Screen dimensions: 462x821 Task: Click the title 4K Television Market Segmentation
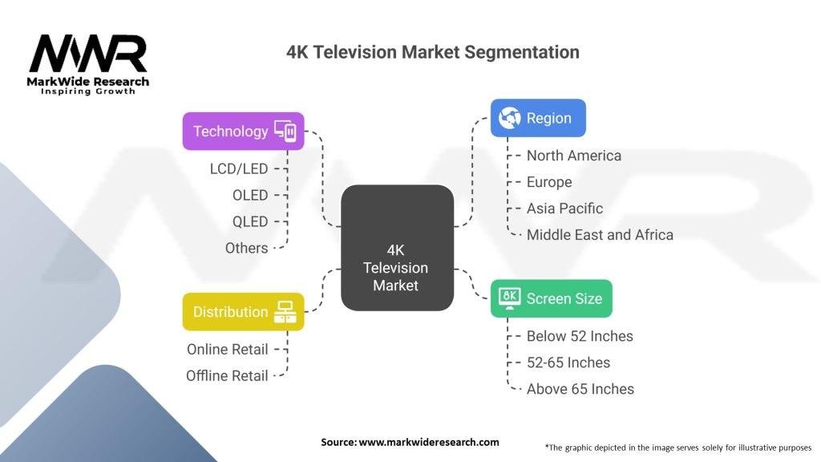point(433,53)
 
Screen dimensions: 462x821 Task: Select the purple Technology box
point(243,131)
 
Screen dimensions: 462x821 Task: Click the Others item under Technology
point(246,248)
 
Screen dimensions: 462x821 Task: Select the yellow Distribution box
point(243,312)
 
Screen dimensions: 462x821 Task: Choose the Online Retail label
point(228,350)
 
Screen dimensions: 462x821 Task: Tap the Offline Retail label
point(227,375)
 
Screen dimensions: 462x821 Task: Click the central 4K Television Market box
point(396,248)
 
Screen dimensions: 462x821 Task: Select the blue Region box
point(538,118)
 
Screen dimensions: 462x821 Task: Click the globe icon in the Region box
point(510,118)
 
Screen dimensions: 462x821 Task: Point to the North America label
point(573,156)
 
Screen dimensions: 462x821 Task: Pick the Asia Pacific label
point(564,209)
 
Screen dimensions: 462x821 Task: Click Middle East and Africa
point(600,235)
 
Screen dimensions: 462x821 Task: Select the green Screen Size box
point(551,298)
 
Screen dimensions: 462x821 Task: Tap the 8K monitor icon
point(509,298)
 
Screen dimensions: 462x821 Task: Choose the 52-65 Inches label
point(568,363)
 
